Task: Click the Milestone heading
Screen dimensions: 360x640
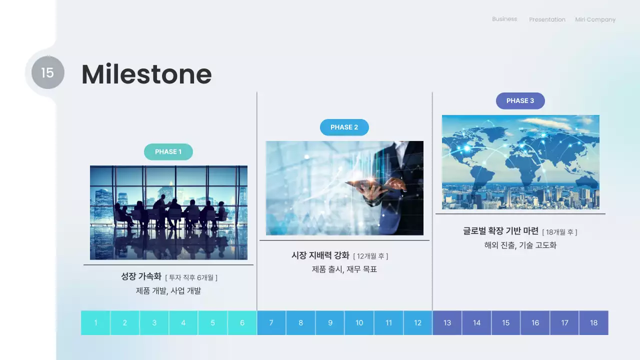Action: click(x=146, y=74)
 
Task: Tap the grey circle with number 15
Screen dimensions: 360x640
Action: click(x=47, y=72)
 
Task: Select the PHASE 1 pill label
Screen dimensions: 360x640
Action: click(x=168, y=152)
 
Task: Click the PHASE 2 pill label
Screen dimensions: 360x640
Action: click(x=344, y=127)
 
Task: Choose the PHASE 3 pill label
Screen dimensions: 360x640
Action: click(x=520, y=101)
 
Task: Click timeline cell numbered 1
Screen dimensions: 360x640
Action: click(x=95, y=323)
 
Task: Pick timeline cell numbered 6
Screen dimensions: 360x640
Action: click(x=242, y=323)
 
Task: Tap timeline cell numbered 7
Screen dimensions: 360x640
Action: click(x=271, y=323)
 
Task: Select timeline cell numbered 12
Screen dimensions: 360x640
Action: click(x=417, y=323)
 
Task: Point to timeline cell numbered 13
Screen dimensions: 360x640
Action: click(x=447, y=323)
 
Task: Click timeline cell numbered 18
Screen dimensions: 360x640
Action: click(x=593, y=323)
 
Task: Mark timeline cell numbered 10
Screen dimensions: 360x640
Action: click(x=359, y=323)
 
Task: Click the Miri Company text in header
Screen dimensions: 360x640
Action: click(x=595, y=20)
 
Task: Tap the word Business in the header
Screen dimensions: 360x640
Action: click(x=504, y=19)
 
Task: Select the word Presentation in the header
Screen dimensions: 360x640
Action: click(x=547, y=20)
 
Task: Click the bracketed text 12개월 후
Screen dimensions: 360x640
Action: click(x=370, y=256)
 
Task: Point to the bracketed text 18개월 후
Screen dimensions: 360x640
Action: click(x=559, y=232)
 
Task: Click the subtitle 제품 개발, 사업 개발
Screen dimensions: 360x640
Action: click(x=168, y=290)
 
